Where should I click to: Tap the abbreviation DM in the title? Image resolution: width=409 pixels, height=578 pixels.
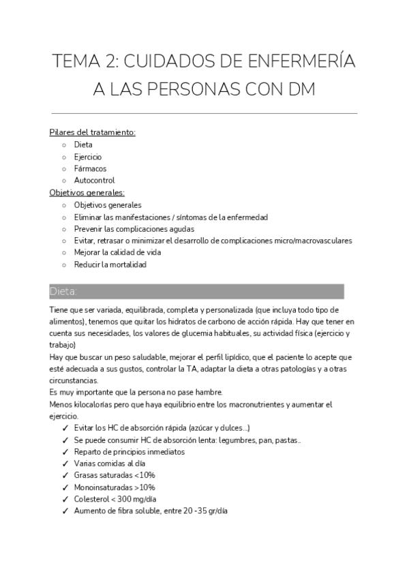coord(300,90)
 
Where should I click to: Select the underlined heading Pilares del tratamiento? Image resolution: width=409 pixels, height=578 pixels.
coord(93,132)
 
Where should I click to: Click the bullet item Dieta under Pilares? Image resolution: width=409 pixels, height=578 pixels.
coord(83,144)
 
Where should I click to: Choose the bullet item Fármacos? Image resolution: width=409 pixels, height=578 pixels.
coord(90,169)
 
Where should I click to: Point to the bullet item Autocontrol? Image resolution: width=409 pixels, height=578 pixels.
coord(94,181)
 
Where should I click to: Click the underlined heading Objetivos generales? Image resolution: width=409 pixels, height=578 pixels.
coord(92,193)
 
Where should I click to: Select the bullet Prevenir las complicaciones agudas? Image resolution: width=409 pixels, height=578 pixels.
coord(134,229)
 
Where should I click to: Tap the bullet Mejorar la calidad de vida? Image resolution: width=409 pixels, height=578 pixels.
coord(117,252)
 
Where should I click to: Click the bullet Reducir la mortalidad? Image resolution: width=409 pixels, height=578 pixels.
coord(110,264)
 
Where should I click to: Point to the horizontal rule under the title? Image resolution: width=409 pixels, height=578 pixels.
coord(204,113)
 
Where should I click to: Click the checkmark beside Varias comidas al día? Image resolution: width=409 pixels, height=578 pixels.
coord(64,463)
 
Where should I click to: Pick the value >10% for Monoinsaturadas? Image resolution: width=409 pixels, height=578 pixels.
coord(142,487)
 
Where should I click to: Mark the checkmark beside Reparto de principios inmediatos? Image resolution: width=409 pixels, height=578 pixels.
coord(64,452)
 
